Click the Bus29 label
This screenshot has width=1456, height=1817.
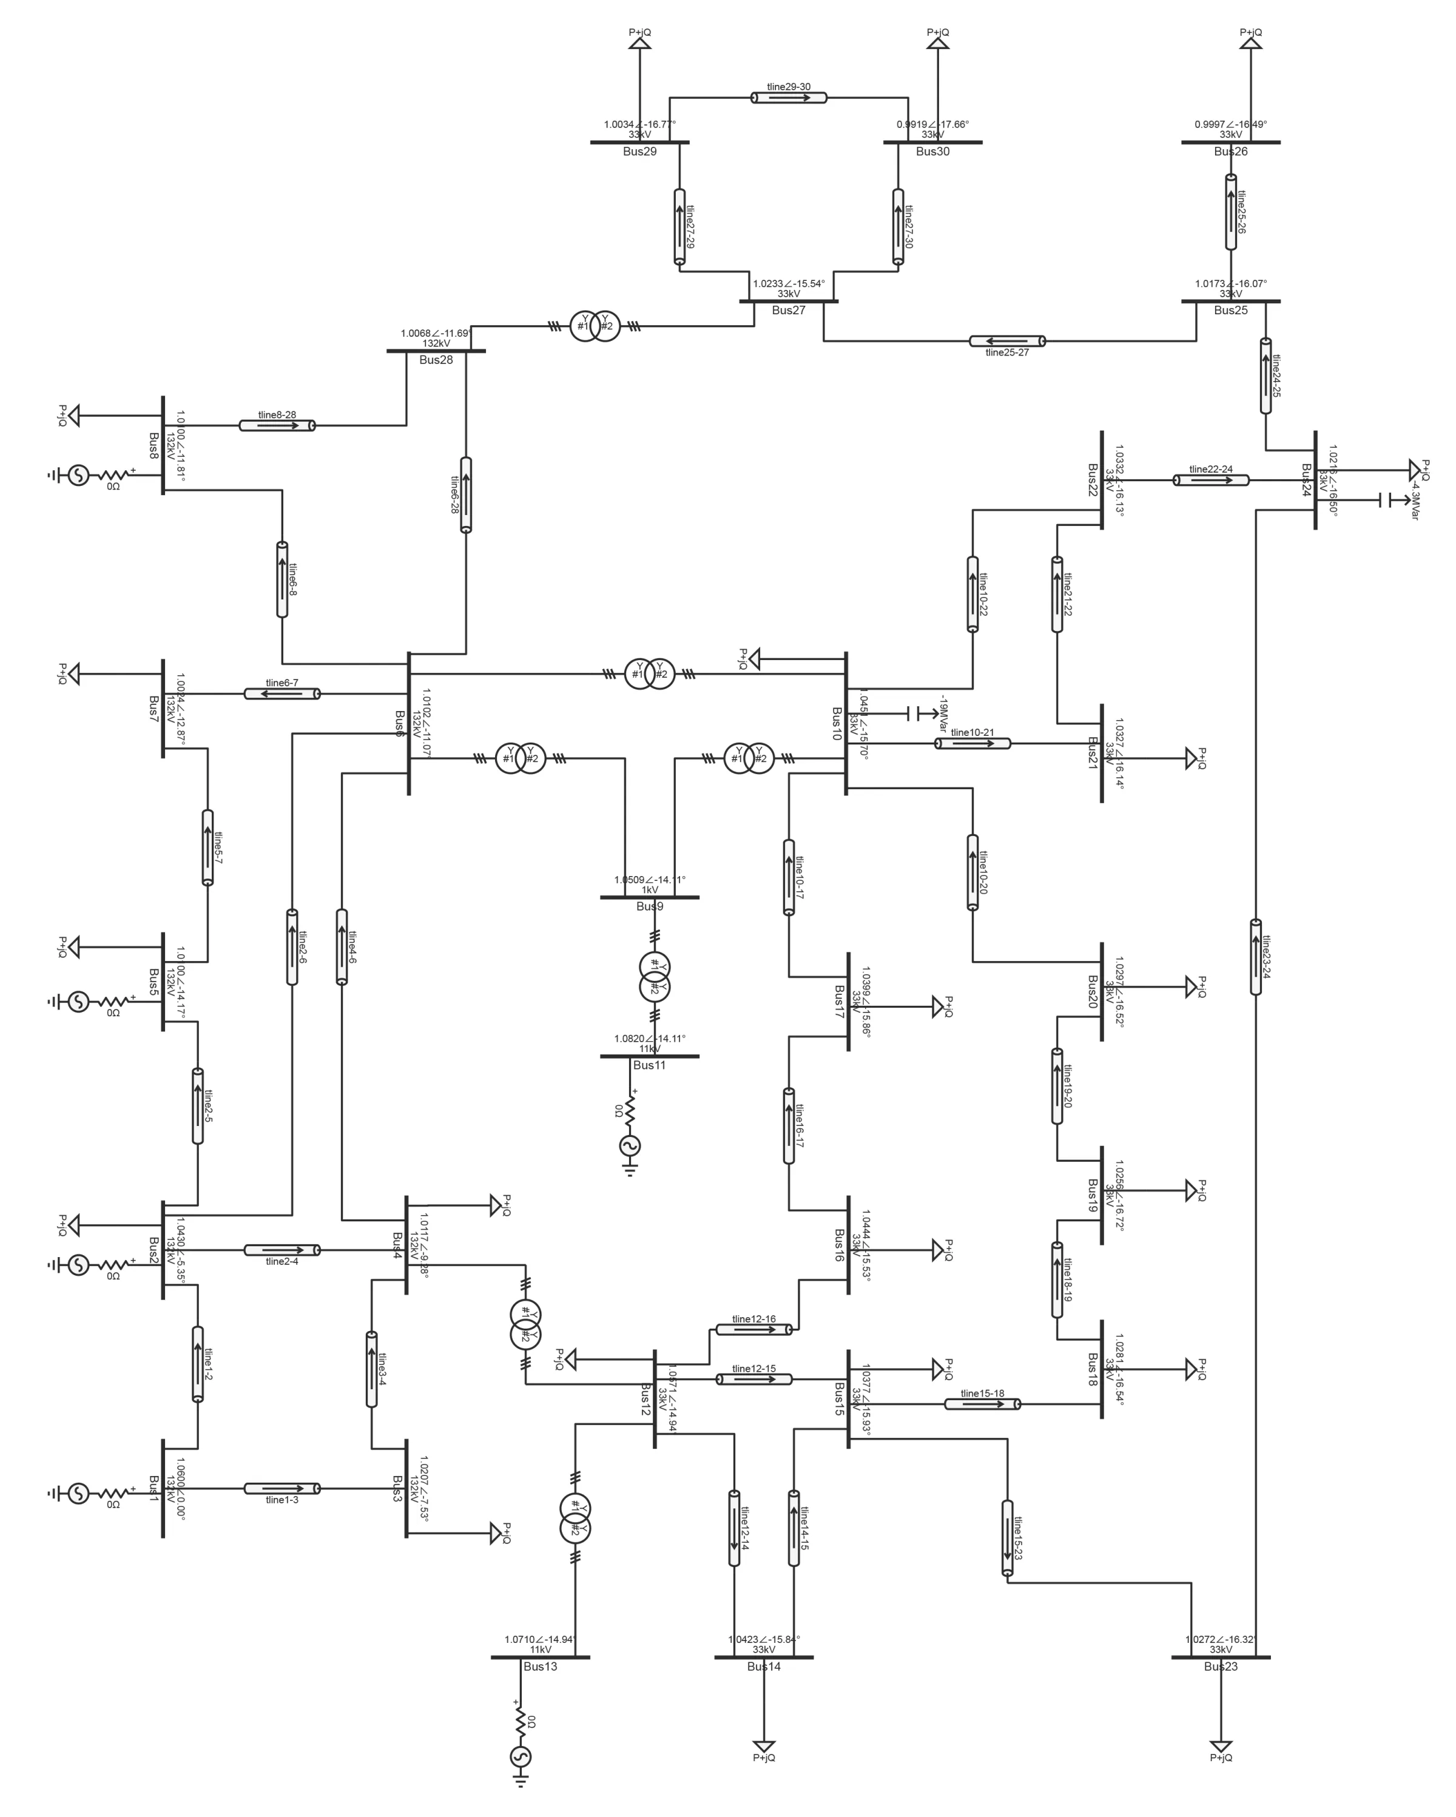639,152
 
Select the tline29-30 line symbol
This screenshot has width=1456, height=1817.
789,98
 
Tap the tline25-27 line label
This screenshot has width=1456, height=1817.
1007,352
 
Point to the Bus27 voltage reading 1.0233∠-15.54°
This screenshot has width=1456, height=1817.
789,284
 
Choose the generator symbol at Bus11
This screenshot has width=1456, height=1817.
630,1146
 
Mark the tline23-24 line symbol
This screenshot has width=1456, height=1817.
1255,957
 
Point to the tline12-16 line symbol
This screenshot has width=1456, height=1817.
753,1329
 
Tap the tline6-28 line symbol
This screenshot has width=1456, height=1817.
466,494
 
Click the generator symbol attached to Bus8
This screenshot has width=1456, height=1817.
78,475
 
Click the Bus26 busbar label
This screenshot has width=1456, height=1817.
1230,152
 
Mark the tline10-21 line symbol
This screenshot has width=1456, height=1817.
972,743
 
